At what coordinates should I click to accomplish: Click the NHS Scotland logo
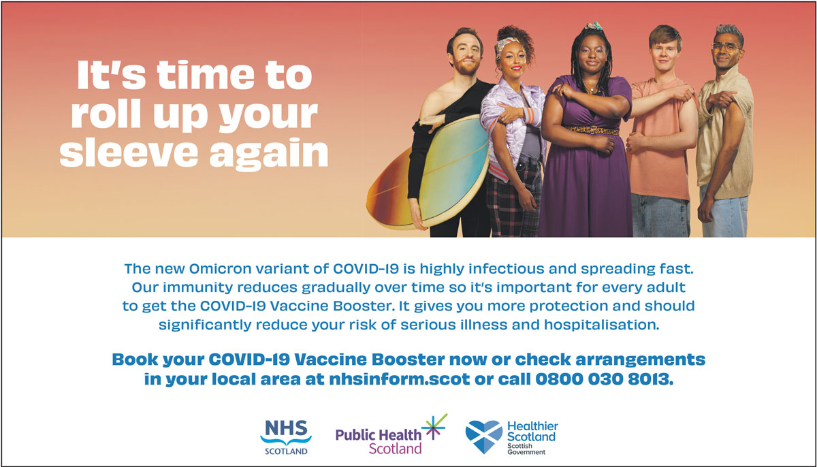[286, 437]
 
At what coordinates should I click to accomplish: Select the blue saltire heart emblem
[484, 436]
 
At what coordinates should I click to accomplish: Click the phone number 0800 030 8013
[604, 379]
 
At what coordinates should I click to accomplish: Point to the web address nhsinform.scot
[400, 379]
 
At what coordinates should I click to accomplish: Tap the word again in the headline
[269, 155]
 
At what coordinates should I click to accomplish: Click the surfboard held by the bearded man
[428, 173]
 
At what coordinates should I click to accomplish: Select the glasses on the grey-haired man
[726, 47]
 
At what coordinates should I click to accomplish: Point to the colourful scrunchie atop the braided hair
[594, 26]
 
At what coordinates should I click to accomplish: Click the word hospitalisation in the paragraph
[602, 325]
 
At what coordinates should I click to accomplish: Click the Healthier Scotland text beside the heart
[532, 432]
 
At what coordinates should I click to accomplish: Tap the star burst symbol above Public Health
[434, 427]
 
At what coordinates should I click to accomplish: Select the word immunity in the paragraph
[197, 287]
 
